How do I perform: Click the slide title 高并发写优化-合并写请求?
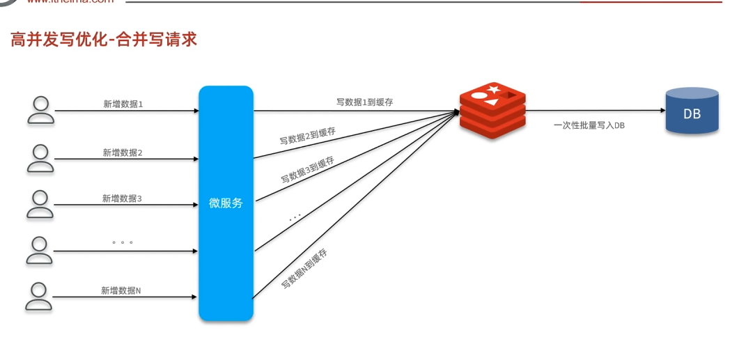pyautogui.click(x=104, y=39)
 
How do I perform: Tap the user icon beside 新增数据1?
pyautogui.click(x=40, y=110)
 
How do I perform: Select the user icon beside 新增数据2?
pyautogui.click(x=40, y=158)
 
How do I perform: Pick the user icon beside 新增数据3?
pyautogui.click(x=40, y=204)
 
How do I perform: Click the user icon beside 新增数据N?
pyautogui.click(x=40, y=296)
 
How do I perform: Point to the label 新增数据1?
pyautogui.click(x=123, y=104)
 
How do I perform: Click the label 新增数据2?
pyautogui.click(x=123, y=152)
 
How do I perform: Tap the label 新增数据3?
pyautogui.click(x=122, y=198)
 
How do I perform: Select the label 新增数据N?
pyautogui.click(x=121, y=290)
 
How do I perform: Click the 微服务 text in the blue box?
pyautogui.click(x=226, y=203)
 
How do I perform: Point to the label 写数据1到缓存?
pyautogui.click(x=364, y=102)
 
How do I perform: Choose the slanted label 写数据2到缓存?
pyautogui.click(x=308, y=135)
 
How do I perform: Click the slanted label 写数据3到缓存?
pyautogui.click(x=307, y=169)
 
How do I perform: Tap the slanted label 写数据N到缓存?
pyautogui.click(x=304, y=268)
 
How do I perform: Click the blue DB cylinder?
pyautogui.click(x=692, y=111)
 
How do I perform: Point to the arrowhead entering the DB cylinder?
pyautogui.click(x=661, y=110)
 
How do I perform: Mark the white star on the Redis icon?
pyautogui.click(x=495, y=89)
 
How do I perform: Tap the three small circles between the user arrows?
pyautogui.click(x=122, y=242)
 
